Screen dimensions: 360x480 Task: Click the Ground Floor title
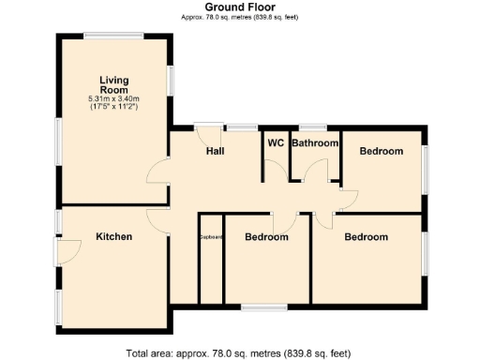click(239, 7)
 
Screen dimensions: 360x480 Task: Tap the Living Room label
click(113, 85)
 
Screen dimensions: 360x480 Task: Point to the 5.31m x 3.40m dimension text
click(113, 98)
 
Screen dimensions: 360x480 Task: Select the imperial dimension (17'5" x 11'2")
click(113, 107)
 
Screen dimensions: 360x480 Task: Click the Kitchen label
click(113, 237)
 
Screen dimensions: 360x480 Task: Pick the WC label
click(276, 143)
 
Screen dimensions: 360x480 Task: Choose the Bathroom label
click(314, 143)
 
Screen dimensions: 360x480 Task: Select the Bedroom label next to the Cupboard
click(266, 237)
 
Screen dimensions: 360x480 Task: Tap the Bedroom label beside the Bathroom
click(382, 151)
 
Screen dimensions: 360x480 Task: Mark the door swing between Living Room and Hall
click(158, 172)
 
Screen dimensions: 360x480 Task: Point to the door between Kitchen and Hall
click(158, 219)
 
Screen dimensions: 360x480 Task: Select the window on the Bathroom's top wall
click(312, 127)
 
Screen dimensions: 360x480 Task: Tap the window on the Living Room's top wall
click(113, 36)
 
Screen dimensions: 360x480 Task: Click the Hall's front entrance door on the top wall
click(208, 127)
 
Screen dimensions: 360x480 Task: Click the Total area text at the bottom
click(239, 353)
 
